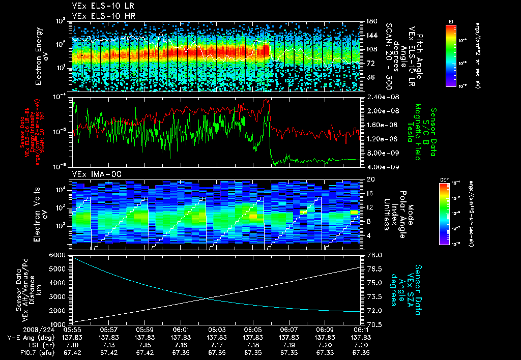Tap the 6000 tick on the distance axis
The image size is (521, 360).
[x=56, y=254]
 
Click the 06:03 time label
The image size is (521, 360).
[x=217, y=330]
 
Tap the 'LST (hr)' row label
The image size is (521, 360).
[x=36, y=345]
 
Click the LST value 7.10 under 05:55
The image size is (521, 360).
[x=72, y=345]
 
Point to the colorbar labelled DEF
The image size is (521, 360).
[x=443, y=214]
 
